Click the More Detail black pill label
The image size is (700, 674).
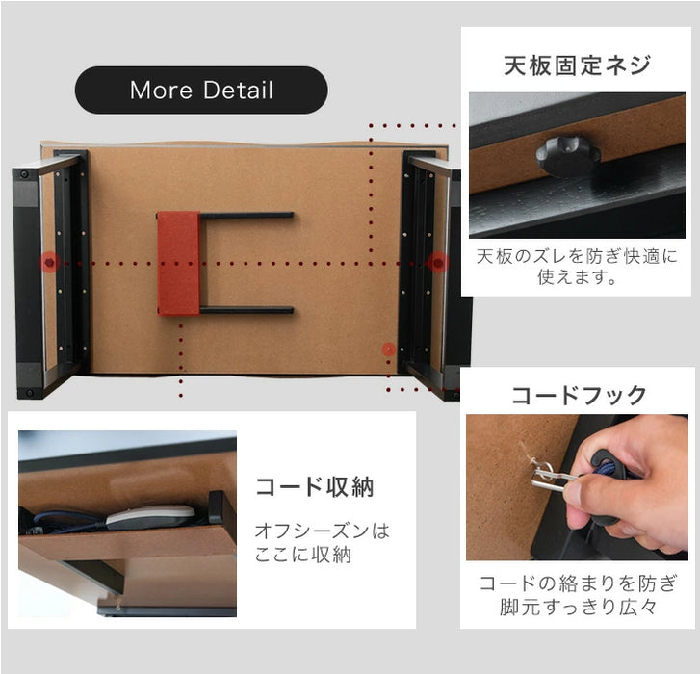point(201,91)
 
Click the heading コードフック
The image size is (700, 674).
point(578,395)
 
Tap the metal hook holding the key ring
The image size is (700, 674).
point(540,473)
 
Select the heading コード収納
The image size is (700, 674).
point(314,486)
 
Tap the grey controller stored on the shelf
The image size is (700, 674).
point(150,517)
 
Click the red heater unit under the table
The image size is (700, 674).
point(178,263)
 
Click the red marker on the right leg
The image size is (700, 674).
point(438,262)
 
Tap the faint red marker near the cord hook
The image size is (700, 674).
point(388,349)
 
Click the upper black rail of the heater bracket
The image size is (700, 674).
point(246,215)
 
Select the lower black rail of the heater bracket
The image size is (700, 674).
point(246,310)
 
